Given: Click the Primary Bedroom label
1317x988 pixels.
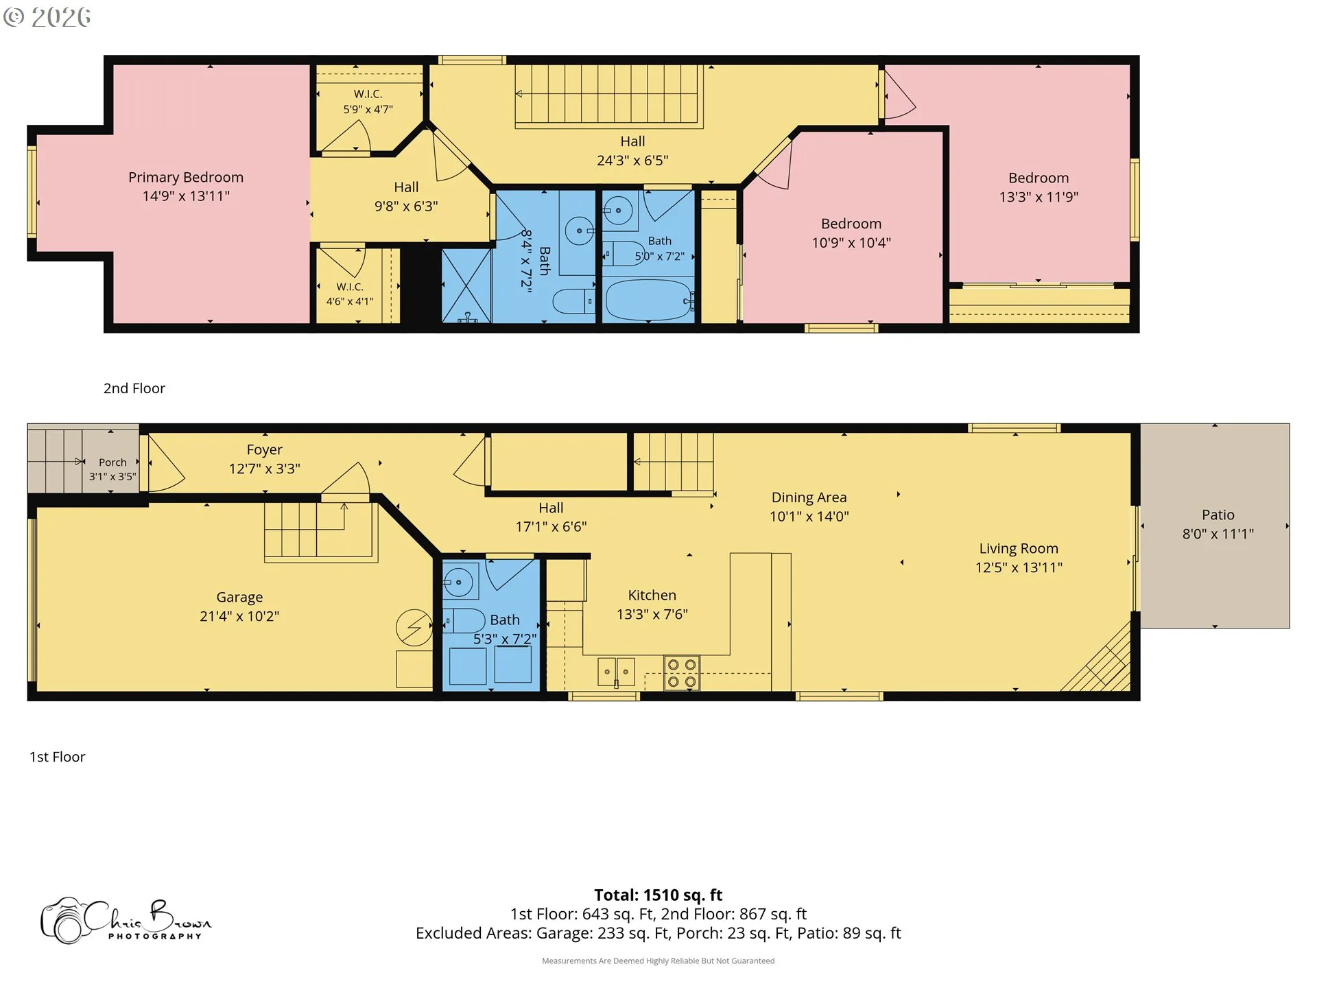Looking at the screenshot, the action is tap(186, 177).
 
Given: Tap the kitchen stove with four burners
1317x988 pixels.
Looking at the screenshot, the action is tap(682, 672).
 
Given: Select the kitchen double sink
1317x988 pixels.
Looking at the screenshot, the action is tap(616, 672).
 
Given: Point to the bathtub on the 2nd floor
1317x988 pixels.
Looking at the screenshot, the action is tap(649, 300).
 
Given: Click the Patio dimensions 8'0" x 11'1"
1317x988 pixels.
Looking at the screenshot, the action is tap(1218, 534).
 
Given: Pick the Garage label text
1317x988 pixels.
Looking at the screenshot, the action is tap(239, 598).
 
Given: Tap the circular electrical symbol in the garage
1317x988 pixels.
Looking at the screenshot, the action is tap(414, 627).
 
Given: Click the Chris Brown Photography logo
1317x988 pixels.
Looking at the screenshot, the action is tap(126, 921).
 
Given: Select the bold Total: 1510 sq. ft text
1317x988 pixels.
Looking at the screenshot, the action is tap(658, 895).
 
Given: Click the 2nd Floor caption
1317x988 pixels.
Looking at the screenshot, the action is tap(134, 388).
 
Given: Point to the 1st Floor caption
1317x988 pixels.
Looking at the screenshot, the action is tap(57, 757).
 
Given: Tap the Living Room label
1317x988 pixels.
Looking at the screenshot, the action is tap(1019, 548).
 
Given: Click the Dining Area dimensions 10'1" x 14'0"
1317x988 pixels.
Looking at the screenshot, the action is tap(809, 517).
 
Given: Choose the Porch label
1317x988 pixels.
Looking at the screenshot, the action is tap(112, 462).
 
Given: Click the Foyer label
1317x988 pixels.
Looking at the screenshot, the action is tap(265, 450).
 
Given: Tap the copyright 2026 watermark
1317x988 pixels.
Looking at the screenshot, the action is tap(47, 16).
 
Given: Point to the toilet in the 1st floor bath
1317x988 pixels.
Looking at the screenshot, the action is tap(464, 621).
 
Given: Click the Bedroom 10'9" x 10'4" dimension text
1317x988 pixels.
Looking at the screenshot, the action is tap(851, 243).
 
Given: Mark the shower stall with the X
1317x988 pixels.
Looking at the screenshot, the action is tap(466, 285).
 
